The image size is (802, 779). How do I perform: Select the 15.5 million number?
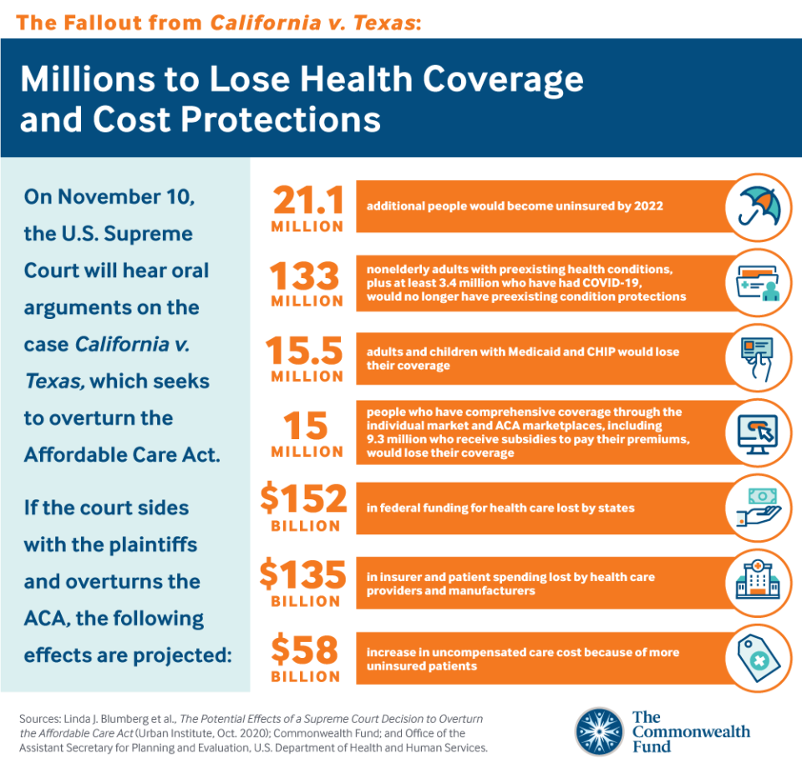(x=305, y=352)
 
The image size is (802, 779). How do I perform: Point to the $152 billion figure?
(x=303, y=500)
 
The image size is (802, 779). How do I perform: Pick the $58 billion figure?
(x=304, y=650)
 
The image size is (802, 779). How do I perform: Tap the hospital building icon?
(x=758, y=579)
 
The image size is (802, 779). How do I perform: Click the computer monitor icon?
(x=758, y=433)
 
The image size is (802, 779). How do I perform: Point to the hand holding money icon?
(x=758, y=506)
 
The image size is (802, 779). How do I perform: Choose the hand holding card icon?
(x=758, y=357)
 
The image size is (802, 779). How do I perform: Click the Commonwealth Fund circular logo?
(x=599, y=732)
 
